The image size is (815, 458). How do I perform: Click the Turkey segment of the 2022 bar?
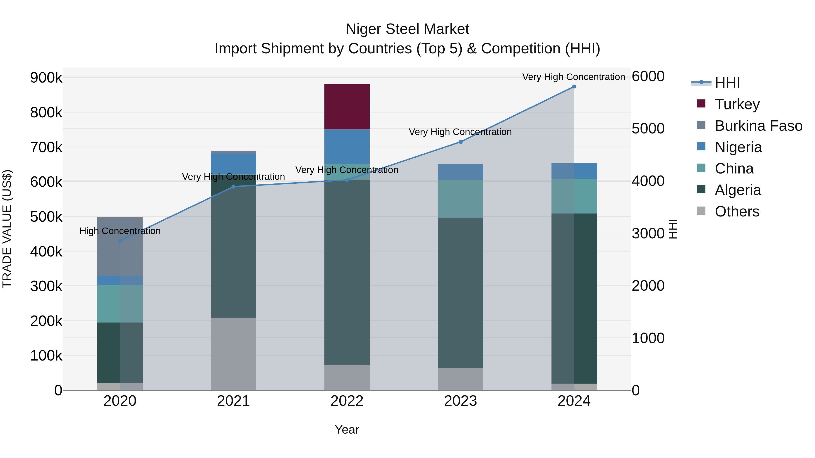click(x=347, y=107)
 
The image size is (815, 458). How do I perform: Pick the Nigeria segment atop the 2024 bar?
click(x=574, y=171)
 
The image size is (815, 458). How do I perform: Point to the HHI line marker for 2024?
click(x=574, y=87)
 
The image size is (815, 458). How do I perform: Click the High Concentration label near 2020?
click(x=120, y=231)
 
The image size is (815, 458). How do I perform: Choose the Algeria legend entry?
click(x=738, y=190)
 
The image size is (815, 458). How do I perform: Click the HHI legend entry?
click(x=727, y=83)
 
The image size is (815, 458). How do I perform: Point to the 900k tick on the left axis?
click(x=46, y=77)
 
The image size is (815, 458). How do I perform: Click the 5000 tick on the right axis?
click(x=648, y=129)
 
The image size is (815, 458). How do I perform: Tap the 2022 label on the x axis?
click(x=347, y=401)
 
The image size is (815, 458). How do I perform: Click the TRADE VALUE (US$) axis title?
click(x=7, y=229)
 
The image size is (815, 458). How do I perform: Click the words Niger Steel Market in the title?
click(x=407, y=29)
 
